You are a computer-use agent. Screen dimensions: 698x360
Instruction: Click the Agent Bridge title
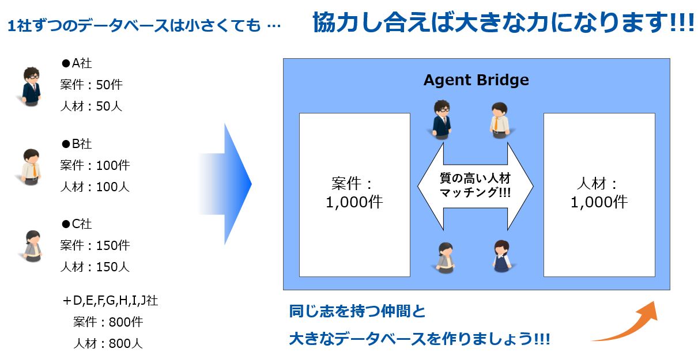[x=476, y=80]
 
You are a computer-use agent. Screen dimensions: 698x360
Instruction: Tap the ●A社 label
[x=77, y=63]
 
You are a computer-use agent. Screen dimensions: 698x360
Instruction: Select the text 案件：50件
[x=91, y=85]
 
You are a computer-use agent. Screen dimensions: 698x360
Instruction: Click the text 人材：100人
[x=95, y=187]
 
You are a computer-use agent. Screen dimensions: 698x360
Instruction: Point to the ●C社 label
[x=77, y=223]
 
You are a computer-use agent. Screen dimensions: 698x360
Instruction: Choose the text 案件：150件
[x=95, y=245]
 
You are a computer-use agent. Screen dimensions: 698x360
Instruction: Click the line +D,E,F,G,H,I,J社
[x=110, y=301]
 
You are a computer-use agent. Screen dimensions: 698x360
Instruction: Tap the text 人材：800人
[x=108, y=343]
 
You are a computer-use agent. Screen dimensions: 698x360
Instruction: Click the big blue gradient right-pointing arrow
[x=231, y=184]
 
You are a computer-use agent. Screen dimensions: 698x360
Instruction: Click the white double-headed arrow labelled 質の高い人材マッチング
[x=475, y=186]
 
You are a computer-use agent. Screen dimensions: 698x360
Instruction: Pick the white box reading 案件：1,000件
[x=354, y=195]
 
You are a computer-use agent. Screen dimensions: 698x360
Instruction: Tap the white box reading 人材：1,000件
[x=599, y=195]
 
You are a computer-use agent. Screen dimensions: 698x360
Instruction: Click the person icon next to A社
[x=31, y=86]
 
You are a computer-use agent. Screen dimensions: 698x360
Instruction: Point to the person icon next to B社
[x=31, y=167]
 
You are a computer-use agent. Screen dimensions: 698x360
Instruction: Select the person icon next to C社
[x=32, y=246]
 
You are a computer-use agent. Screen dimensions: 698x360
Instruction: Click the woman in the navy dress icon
[x=502, y=256]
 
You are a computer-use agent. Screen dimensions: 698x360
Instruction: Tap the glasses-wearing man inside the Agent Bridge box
[x=442, y=120]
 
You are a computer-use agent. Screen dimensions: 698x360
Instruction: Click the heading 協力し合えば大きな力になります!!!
[x=504, y=22]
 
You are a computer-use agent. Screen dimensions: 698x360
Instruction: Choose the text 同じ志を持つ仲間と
[x=357, y=311]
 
